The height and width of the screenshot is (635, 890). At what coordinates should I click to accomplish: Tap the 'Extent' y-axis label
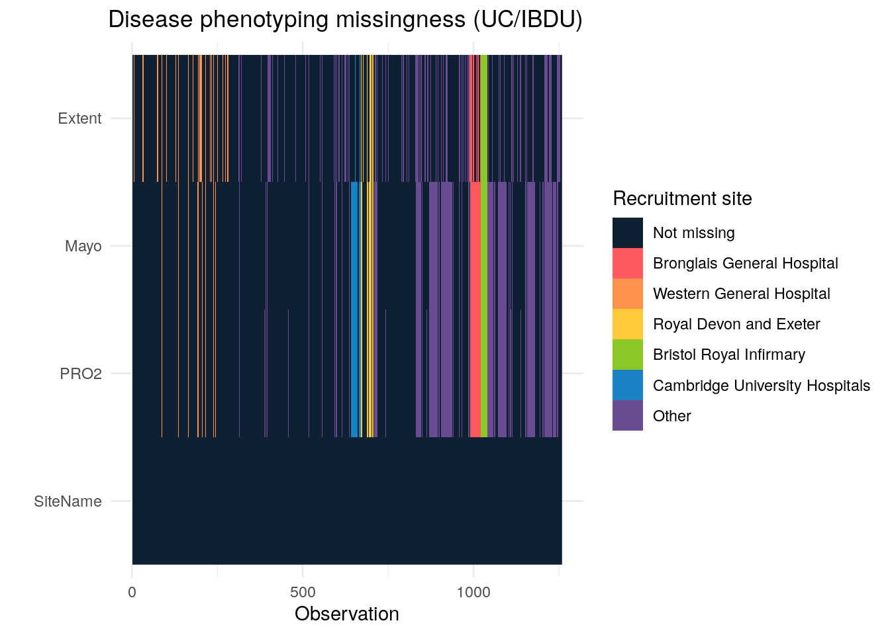click(79, 118)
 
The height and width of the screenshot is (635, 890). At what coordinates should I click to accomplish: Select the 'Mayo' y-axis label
click(83, 246)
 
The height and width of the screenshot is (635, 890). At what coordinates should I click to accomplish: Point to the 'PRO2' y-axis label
click(81, 374)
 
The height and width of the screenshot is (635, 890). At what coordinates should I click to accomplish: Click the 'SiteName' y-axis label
click(68, 501)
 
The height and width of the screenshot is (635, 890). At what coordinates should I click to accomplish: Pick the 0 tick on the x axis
click(132, 592)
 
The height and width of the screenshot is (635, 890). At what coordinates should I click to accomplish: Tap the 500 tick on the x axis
click(303, 592)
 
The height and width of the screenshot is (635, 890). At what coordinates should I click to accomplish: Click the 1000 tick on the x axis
click(473, 592)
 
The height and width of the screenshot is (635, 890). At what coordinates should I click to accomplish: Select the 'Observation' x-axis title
click(347, 614)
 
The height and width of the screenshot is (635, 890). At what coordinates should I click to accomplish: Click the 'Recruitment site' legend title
click(682, 198)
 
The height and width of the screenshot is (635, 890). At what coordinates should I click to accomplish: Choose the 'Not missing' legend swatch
click(627, 233)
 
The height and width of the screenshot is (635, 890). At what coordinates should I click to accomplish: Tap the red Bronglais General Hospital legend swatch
click(627, 263)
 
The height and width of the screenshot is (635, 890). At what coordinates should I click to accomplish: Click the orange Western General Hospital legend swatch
click(627, 294)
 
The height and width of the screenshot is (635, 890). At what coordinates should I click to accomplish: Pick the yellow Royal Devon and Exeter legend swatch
click(627, 324)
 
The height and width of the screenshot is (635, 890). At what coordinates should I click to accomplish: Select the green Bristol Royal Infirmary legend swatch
click(627, 355)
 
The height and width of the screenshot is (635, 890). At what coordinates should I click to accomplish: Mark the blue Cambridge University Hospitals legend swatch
click(627, 385)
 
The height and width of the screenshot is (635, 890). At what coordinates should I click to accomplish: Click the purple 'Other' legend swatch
click(627, 415)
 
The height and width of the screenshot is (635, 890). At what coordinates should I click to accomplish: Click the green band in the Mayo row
click(484, 246)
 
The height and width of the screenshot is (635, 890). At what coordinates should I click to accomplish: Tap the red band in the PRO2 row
click(475, 374)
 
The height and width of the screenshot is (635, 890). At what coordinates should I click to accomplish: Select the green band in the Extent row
click(484, 118)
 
